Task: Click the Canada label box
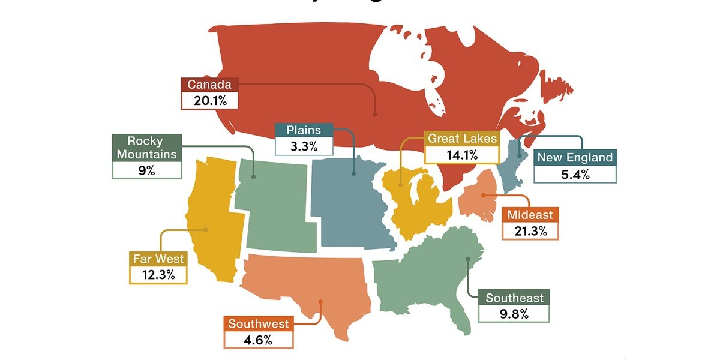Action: point(209,85)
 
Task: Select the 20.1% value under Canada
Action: point(209,100)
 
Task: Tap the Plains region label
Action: point(303,130)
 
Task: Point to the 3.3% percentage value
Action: point(303,146)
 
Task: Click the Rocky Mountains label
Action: point(147,148)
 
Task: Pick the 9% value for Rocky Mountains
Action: point(147,170)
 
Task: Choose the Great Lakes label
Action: point(462,139)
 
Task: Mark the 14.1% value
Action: point(462,155)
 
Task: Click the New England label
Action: point(575,158)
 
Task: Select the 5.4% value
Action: point(575,175)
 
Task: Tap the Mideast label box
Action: point(530,215)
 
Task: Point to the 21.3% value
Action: point(530,231)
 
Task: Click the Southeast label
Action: point(514,298)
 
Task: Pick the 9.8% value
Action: point(514,314)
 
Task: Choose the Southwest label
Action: point(259,324)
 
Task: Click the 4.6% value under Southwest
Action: point(259,340)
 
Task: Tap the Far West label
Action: point(157,260)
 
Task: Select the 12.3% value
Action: point(157,275)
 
